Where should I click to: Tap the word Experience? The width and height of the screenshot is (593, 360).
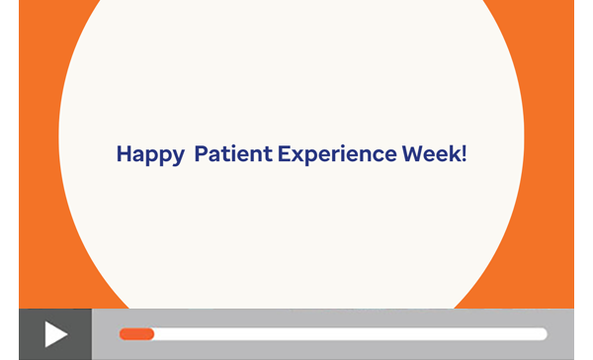point(336,155)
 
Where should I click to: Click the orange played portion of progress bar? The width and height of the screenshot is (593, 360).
point(136,334)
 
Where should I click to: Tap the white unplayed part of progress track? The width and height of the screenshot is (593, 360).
point(346,334)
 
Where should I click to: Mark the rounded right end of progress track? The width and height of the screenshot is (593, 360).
point(543,334)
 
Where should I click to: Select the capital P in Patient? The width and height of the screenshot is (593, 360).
point(201,154)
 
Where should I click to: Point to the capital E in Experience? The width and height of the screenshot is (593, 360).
point(283,154)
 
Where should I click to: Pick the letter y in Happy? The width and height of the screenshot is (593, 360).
point(178,157)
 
